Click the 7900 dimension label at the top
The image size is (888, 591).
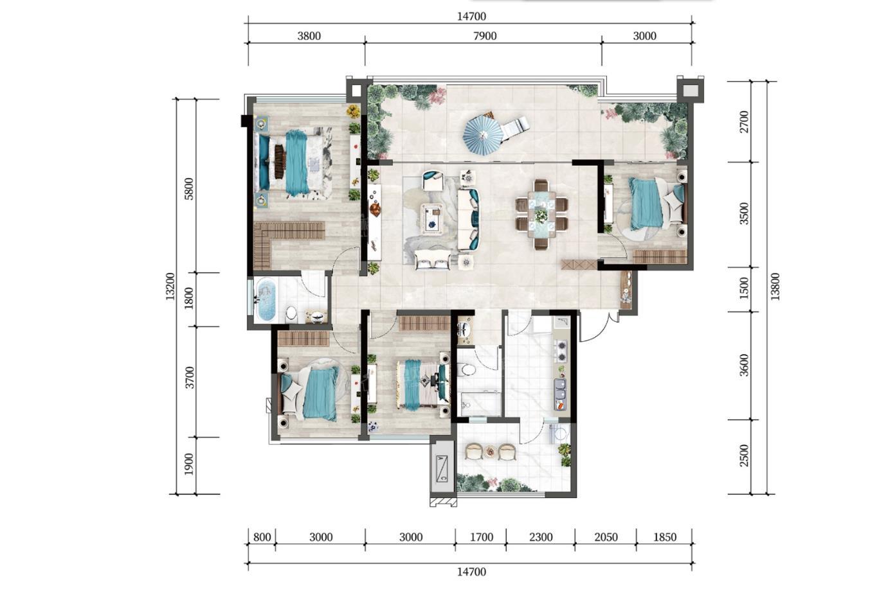[485, 36]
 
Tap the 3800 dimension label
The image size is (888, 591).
[309, 36]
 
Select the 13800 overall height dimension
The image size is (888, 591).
[775, 287]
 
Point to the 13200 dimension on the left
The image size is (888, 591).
[170, 287]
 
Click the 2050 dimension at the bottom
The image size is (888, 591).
[606, 537]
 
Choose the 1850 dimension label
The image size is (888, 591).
[665, 537]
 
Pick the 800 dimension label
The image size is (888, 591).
[262, 537]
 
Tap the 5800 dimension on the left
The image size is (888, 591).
[190, 189]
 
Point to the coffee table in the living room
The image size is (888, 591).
[432, 218]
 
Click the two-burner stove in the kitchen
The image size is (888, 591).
[561, 351]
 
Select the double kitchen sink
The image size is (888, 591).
[560, 389]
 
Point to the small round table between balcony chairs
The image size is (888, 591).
[491, 451]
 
